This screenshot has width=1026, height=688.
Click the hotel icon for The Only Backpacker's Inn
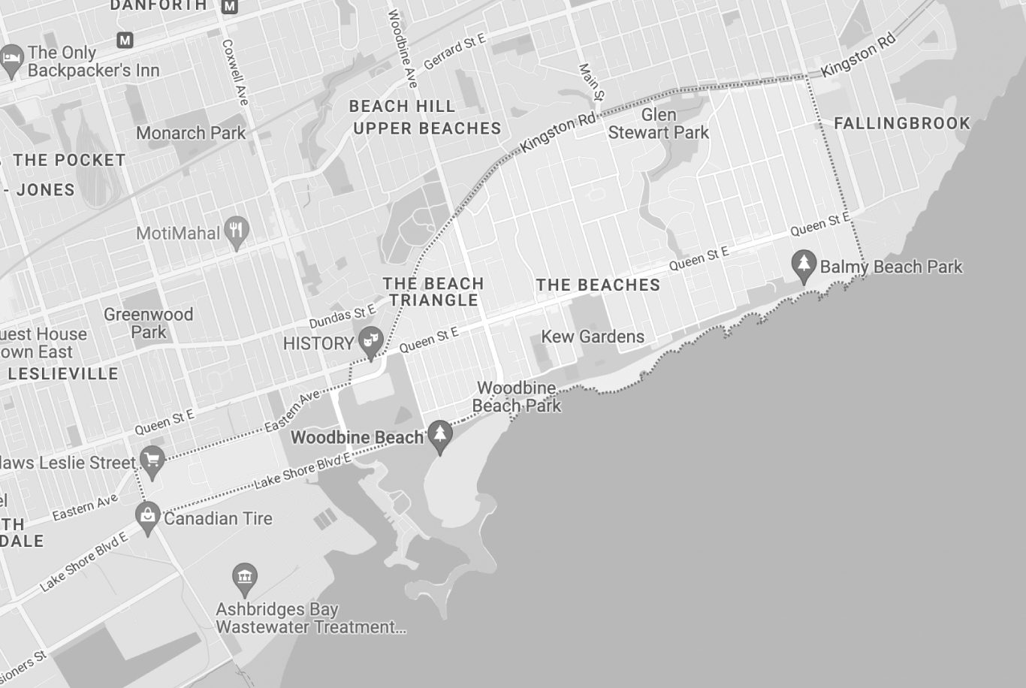11,59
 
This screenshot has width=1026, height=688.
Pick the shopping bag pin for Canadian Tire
148,516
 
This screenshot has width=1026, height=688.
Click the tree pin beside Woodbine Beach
440,435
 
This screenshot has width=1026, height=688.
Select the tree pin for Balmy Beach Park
804,265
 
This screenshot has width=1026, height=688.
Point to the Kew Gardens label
593,336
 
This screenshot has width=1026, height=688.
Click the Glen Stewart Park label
658,124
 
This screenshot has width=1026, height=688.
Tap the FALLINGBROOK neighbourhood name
901,123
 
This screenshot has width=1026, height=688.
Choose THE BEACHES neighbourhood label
598,285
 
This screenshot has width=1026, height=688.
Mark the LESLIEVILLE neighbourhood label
63,373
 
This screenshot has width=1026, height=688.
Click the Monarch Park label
191,133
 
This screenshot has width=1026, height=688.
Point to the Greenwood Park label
148,323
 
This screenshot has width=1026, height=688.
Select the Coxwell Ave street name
235,72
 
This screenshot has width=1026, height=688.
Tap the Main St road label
591,82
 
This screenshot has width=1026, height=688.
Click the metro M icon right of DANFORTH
230,7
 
